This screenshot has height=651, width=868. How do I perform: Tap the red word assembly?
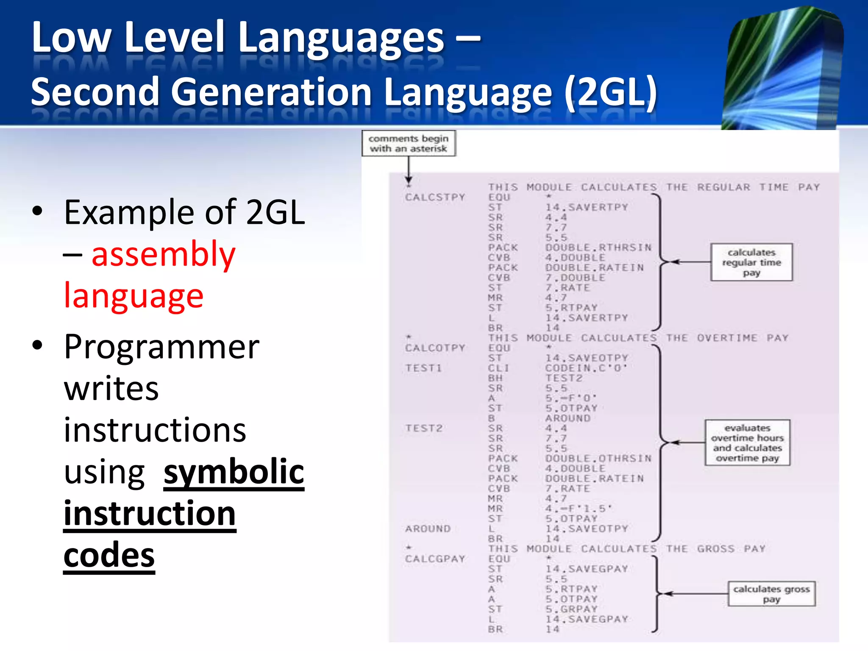(x=163, y=254)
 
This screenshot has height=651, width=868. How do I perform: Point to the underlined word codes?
(x=109, y=555)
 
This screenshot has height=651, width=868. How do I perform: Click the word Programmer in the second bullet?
(x=161, y=347)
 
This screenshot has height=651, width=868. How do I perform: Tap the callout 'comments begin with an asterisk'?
(x=409, y=144)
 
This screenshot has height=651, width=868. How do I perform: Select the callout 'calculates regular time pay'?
(x=751, y=262)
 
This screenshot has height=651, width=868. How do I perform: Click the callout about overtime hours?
(x=747, y=443)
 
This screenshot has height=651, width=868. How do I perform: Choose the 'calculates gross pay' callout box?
(x=771, y=594)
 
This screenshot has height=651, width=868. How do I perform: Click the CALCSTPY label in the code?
(x=435, y=198)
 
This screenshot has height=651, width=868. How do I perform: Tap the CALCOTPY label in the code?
(x=435, y=348)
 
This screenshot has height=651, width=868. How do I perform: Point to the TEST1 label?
(x=423, y=368)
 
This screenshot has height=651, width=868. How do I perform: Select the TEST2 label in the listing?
(x=424, y=428)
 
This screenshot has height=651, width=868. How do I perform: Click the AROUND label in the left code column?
(x=428, y=529)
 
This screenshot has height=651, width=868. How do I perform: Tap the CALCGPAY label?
(x=435, y=559)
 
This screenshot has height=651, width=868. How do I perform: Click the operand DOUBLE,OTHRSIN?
(x=598, y=459)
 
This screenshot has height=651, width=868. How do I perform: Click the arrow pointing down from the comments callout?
(x=409, y=170)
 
